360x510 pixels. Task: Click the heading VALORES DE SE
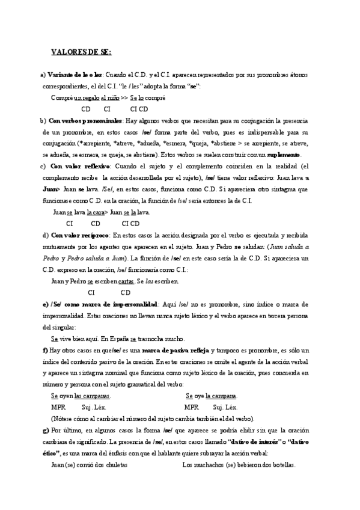click(81, 52)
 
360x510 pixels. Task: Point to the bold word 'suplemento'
click(284, 155)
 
